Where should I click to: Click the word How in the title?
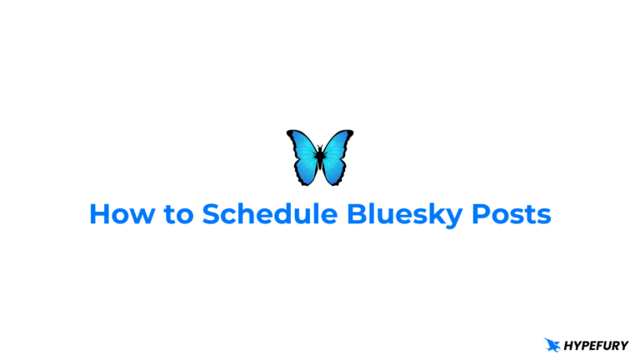[117, 215]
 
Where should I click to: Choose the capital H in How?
[98, 215]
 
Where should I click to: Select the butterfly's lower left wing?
[306, 172]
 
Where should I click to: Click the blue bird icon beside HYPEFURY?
[552, 344]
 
